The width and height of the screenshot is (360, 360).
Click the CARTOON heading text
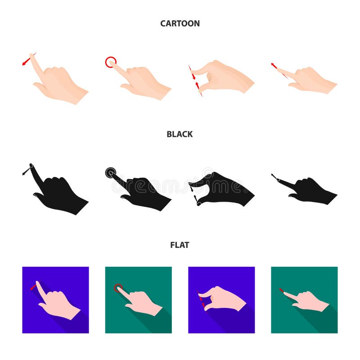180,23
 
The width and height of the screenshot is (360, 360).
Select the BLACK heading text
180,134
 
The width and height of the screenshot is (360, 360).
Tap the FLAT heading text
180,245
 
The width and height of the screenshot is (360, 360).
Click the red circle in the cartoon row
110,62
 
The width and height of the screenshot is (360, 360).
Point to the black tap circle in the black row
111,172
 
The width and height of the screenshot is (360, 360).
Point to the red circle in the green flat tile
118,288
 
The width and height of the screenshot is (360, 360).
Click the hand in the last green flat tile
308,300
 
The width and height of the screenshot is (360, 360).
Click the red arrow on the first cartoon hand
28,60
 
